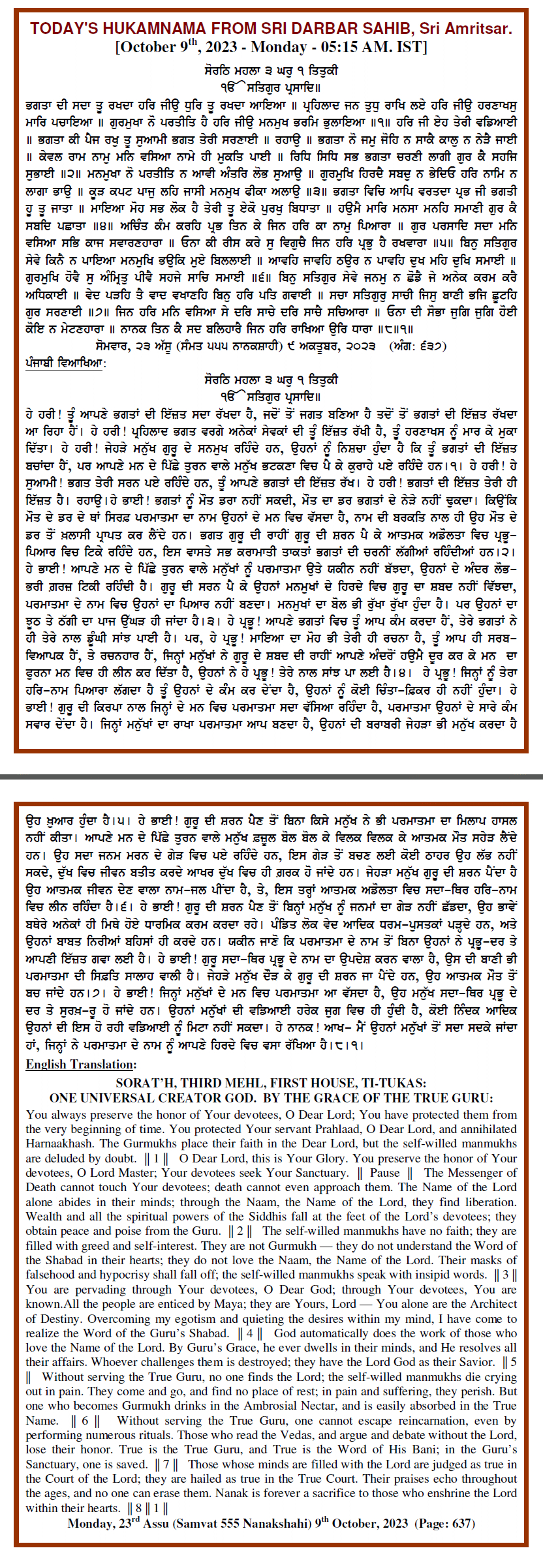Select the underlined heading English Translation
point(80,1064)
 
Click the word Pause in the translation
point(384,1172)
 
